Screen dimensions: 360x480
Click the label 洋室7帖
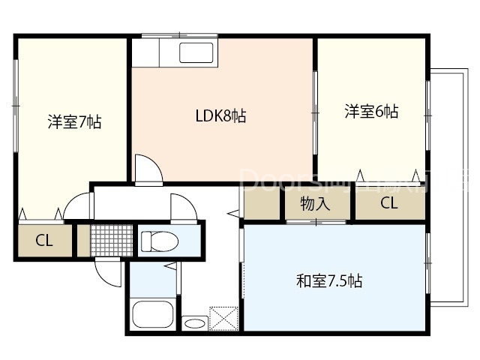point(74,122)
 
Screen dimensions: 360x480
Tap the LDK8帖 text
point(221,115)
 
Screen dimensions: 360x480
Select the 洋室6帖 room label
point(371,112)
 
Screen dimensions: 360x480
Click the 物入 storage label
point(315,203)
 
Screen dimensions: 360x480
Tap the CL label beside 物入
point(388,203)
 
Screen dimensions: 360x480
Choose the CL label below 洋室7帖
point(44,241)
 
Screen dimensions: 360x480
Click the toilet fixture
point(160,241)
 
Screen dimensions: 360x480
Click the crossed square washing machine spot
point(223,317)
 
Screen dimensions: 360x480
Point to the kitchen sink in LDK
point(196,54)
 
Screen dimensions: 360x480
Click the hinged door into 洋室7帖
point(77,205)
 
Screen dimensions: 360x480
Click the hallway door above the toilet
point(182,206)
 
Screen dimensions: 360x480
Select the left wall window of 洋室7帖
point(15,105)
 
